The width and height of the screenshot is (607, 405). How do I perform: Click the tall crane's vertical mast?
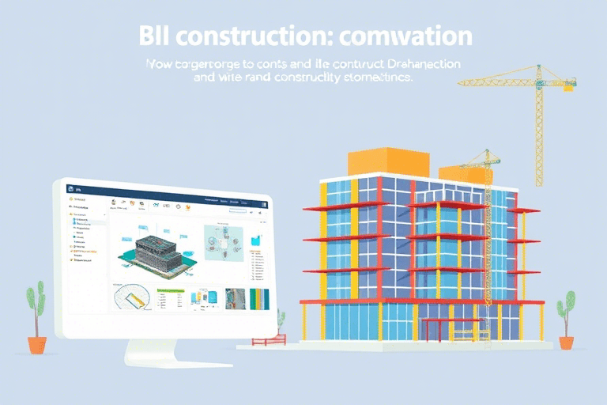click(x=539, y=134)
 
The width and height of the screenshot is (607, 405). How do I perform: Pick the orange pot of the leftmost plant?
click(x=37, y=345)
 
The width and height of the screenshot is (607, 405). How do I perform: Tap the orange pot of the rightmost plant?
click(x=567, y=343)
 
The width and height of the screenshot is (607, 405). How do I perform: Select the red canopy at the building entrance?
click(x=447, y=321)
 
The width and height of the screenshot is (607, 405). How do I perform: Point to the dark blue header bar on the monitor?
click(x=166, y=189)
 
